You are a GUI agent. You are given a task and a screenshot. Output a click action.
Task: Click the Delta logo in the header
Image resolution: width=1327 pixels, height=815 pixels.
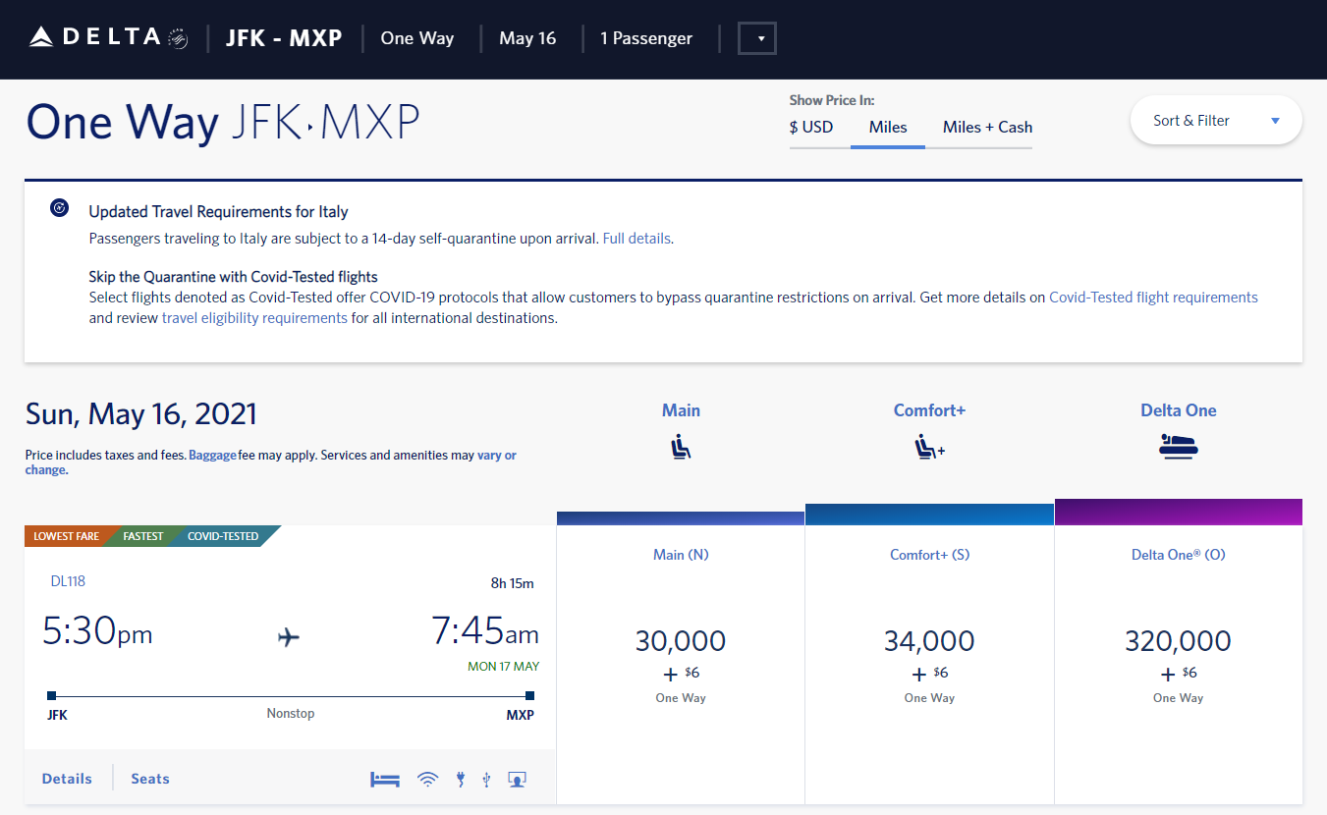pos(108,38)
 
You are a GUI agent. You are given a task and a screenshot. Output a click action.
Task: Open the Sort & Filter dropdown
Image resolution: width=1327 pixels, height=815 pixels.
pos(1216,121)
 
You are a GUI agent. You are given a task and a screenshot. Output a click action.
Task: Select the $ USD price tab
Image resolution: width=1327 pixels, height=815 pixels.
pos(810,127)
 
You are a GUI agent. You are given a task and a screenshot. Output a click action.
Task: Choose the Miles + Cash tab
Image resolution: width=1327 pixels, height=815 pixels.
pos(987,127)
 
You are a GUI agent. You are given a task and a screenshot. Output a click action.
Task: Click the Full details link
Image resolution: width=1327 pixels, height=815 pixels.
pos(636,238)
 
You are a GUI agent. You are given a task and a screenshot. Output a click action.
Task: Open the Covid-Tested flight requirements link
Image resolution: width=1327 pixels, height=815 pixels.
pos(1153,297)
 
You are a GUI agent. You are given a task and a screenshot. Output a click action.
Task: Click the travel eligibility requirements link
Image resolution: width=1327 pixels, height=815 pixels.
pos(254,317)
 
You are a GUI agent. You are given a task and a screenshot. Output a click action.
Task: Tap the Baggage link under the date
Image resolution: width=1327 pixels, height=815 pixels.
pos(212,455)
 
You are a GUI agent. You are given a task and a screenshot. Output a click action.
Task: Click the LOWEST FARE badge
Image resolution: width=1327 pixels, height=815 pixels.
pos(66,536)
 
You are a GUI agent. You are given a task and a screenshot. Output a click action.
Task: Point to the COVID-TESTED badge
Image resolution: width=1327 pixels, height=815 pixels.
pos(223,536)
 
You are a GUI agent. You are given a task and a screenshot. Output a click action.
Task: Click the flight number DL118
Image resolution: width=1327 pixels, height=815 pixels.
pos(68,581)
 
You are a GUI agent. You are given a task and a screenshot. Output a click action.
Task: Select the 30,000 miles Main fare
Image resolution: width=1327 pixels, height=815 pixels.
pos(680,642)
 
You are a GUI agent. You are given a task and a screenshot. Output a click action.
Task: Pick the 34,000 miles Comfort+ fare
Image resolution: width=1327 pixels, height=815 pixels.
pos(929,642)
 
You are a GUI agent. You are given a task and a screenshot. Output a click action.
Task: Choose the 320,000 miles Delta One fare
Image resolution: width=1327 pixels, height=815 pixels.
pos(1178,642)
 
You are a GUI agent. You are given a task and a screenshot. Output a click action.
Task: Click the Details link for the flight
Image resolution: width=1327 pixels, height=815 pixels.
pos(67,779)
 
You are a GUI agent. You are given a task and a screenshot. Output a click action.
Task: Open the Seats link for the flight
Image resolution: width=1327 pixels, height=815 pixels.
pos(150,779)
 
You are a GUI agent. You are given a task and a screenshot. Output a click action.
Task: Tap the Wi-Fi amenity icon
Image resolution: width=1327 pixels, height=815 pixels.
pos(427,780)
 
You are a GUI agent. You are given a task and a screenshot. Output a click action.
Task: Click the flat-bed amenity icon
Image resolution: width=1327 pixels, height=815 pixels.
pos(385,780)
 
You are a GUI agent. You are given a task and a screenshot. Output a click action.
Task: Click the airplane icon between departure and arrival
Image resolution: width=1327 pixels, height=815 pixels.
pos(289,637)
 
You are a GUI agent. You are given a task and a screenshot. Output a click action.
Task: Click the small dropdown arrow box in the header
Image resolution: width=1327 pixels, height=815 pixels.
pos(757,39)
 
